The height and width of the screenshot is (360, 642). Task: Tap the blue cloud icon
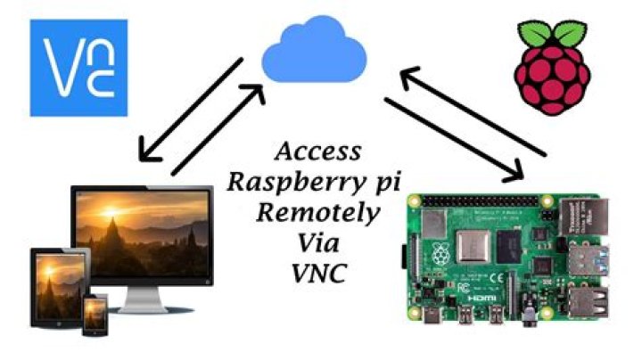[318, 52]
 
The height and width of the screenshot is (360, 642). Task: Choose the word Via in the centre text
[317, 242]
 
